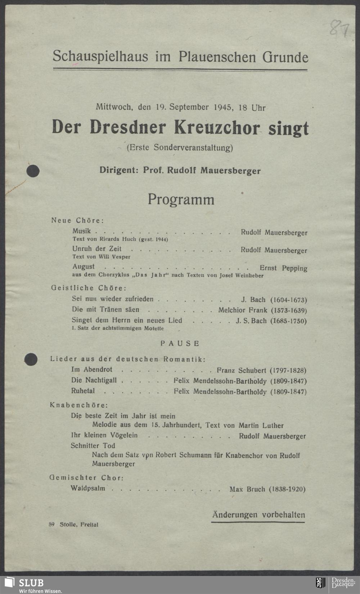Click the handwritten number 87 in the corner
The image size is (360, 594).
click(339, 28)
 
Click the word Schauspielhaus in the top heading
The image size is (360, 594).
click(100, 56)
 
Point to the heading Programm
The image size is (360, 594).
click(181, 199)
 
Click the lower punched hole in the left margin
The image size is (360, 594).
click(31, 359)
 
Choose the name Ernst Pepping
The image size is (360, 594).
click(283, 268)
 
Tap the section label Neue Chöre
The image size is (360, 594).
click(77, 220)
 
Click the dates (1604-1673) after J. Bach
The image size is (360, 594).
click(288, 300)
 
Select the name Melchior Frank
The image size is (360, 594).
click(243, 310)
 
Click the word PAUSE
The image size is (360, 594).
click(180, 343)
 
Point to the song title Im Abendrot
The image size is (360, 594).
click(92, 370)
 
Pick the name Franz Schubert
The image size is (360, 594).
click(242, 370)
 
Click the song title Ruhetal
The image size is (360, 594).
click(83, 391)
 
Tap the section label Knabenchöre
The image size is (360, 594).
click(78, 405)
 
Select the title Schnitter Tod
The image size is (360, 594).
click(93, 446)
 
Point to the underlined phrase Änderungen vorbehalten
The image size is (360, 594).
click(258, 515)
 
